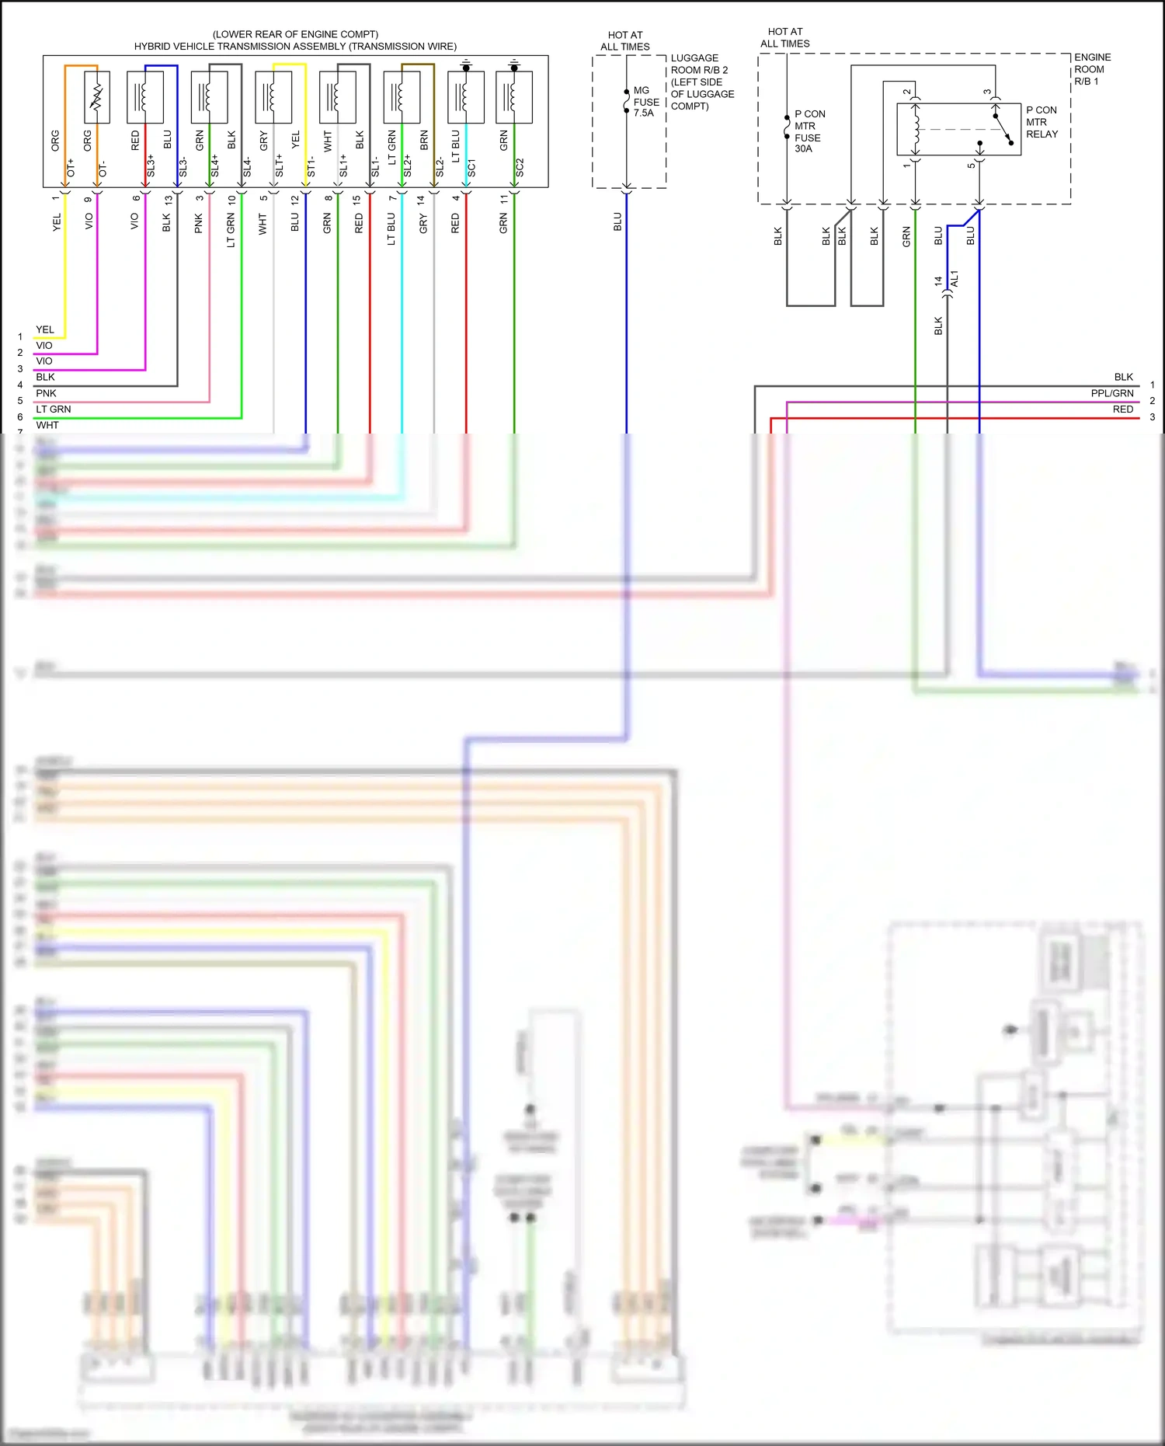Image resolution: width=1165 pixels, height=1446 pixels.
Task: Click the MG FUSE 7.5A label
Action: [645, 102]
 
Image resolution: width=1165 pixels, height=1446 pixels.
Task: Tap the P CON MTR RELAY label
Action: [1042, 122]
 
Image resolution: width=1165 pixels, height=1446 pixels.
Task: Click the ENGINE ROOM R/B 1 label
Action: [1091, 69]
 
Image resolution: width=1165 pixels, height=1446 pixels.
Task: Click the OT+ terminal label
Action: [71, 167]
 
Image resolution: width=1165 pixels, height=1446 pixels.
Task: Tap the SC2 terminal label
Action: [520, 167]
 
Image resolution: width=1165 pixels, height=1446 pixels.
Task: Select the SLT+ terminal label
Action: [280, 166]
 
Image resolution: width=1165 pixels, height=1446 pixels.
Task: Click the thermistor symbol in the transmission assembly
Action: [97, 97]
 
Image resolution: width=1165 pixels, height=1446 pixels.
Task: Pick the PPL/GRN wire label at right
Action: [1111, 393]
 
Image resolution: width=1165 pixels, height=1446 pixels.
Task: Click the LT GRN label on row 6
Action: [53, 409]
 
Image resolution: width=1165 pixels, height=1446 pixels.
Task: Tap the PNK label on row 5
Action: [46, 393]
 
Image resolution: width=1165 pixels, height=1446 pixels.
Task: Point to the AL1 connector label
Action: [955, 279]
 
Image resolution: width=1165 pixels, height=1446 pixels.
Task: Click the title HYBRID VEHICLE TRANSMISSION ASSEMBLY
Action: [295, 47]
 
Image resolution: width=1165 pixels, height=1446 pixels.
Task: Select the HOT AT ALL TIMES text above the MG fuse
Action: [624, 41]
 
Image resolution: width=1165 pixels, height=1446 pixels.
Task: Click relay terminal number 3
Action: [987, 92]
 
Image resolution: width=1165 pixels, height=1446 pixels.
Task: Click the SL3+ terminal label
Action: [151, 165]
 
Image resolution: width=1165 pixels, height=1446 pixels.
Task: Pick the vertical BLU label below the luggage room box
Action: [618, 221]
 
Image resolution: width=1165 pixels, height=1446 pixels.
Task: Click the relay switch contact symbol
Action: [1002, 129]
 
